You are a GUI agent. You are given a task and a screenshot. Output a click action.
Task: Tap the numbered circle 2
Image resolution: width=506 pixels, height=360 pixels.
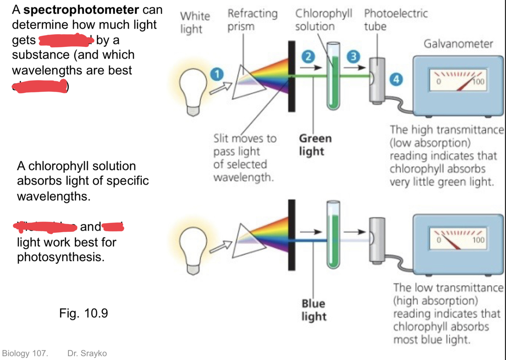[x=308, y=57]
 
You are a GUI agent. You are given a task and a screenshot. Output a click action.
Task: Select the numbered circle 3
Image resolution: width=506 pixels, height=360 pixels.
[x=353, y=57]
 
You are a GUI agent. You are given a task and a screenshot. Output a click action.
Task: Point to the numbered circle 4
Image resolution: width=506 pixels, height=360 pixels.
[x=396, y=79]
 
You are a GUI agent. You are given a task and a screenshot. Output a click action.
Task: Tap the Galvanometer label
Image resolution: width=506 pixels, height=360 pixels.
[x=458, y=44]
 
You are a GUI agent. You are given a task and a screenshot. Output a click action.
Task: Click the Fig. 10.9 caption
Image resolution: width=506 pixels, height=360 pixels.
[x=83, y=313]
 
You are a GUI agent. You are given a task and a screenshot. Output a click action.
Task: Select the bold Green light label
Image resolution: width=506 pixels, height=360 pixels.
[x=315, y=145]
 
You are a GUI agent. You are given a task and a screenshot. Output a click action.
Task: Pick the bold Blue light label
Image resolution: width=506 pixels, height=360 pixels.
[x=313, y=310]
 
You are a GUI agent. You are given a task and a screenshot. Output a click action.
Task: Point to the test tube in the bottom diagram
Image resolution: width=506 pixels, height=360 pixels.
[x=333, y=235]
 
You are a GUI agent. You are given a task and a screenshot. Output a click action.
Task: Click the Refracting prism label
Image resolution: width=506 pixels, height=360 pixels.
[x=252, y=20]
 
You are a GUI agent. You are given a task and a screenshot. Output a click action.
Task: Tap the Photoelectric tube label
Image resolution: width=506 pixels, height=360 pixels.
[x=395, y=20]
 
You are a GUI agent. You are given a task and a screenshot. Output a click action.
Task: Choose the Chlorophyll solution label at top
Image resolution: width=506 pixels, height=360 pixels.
[x=323, y=20]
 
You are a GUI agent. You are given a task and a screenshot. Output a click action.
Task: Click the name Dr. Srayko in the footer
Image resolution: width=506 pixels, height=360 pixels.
[x=87, y=353]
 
